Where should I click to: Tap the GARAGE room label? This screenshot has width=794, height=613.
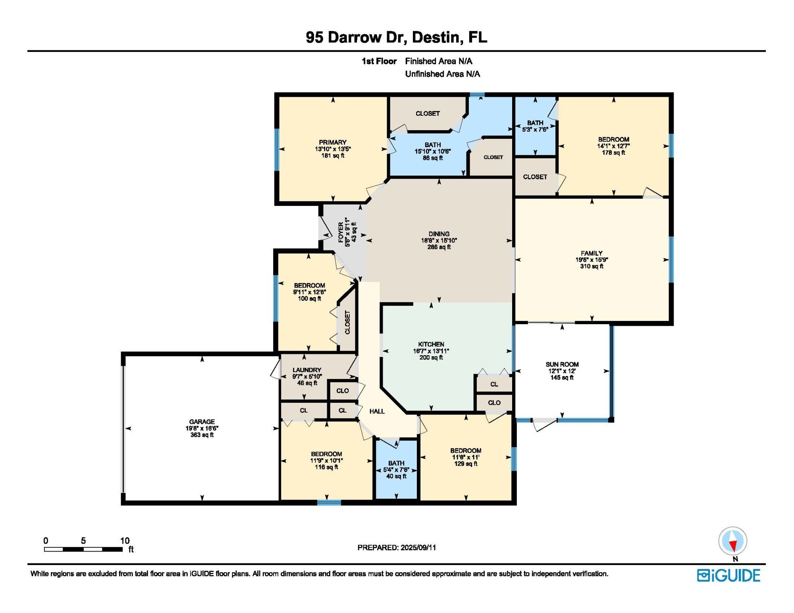pyautogui.click(x=202, y=422)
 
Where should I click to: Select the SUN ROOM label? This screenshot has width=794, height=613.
pyautogui.click(x=562, y=364)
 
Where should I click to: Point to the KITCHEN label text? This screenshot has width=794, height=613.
pyautogui.click(x=431, y=344)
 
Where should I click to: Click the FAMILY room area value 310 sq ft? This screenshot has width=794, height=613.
pyautogui.click(x=592, y=266)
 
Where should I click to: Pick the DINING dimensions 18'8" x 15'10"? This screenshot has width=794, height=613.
pyautogui.click(x=439, y=240)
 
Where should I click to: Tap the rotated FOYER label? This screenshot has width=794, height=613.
pyautogui.click(x=341, y=232)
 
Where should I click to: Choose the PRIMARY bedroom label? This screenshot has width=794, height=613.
pyautogui.click(x=333, y=142)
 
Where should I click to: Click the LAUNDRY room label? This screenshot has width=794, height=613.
pyautogui.click(x=307, y=370)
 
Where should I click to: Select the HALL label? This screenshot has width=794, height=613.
pyautogui.click(x=377, y=411)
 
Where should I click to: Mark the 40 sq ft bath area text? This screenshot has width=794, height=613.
pyautogui.click(x=396, y=476)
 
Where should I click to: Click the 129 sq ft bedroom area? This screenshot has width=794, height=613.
pyautogui.click(x=466, y=463)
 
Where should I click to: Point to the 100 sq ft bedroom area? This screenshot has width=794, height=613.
pyautogui.click(x=310, y=298)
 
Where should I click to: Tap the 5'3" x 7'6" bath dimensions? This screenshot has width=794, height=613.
pyautogui.click(x=535, y=129)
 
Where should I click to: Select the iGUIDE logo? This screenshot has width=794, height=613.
pyautogui.click(x=728, y=575)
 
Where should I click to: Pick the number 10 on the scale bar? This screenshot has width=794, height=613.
pyautogui.click(x=125, y=540)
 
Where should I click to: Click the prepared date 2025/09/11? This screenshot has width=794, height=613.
pyautogui.click(x=418, y=548)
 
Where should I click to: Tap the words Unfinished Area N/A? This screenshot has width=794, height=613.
pyautogui.click(x=442, y=74)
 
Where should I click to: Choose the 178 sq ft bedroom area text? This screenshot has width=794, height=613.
pyautogui.click(x=613, y=152)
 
